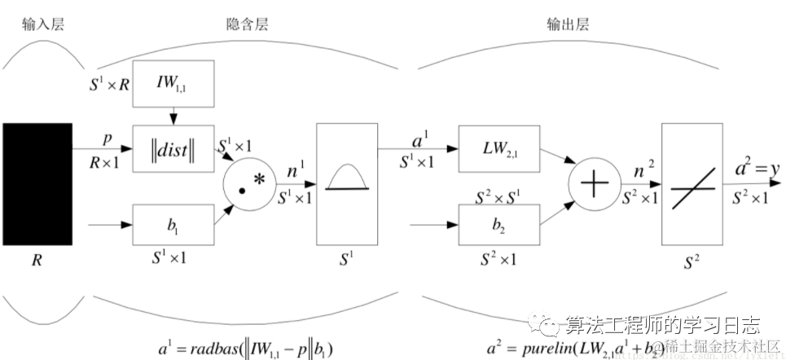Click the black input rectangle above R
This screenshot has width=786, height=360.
click(x=37, y=183)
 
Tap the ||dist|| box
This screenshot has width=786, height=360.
click(x=172, y=149)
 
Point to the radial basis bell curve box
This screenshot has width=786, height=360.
click(x=346, y=183)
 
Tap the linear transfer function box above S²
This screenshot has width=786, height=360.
click(x=692, y=183)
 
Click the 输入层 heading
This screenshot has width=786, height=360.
click(x=42, y=24)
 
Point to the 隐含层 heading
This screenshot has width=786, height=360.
click(x=247, y=24)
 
